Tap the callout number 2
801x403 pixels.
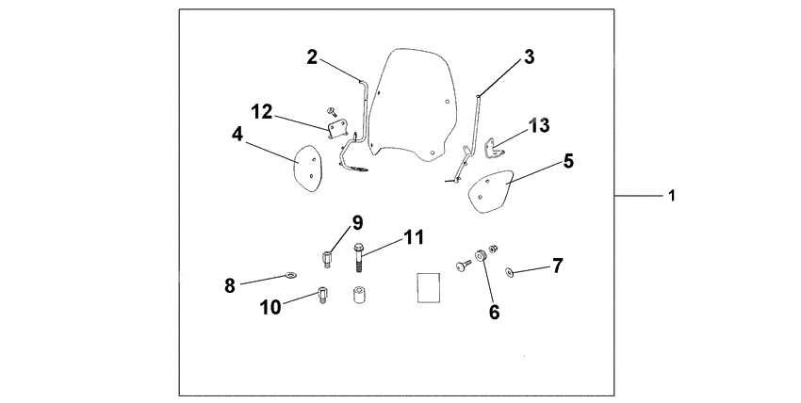pyautogui.click(x=312, y=56)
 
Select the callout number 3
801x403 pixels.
pyautogui.click(x=529, y=56)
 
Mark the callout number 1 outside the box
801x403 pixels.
pyautogui.click(x=671, y=196)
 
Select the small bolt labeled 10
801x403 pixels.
pyautogui.click(x=322, y=295)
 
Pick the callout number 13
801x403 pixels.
pyautogui.click(x=539, y=123)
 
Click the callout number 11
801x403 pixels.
pyautogui.click(x=414, y=237)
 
